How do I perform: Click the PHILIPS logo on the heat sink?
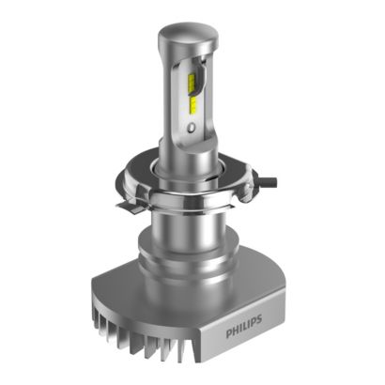pyautogui.click(x=243, y=326)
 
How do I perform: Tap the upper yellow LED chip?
pyautogui.click(x=192, y=82)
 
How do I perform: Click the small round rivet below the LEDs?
pyautogui.click(x=192, y=127)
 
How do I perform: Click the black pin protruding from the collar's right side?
pyautogui.click(x=269, y=181)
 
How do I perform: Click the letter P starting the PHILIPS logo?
pyautogui.click(x=229, y=333)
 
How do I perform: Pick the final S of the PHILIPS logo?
pyautogui.click(x=258, y=319)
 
